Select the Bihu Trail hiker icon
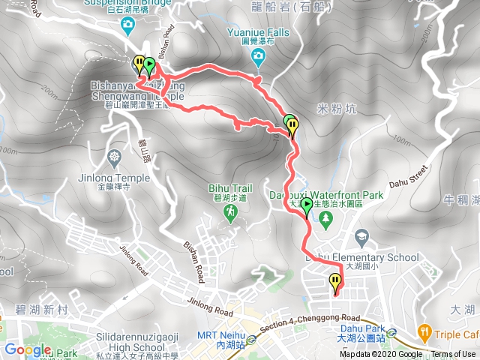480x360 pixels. [x=229, y=213]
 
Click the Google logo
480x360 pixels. [x=28, y=349]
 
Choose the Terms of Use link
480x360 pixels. [x=453, y=355]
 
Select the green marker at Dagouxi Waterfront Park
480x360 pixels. [x=307, y=205]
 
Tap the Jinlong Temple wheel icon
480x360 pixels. [x=114, y=157]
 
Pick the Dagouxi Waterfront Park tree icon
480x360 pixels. [x=325, y=218]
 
